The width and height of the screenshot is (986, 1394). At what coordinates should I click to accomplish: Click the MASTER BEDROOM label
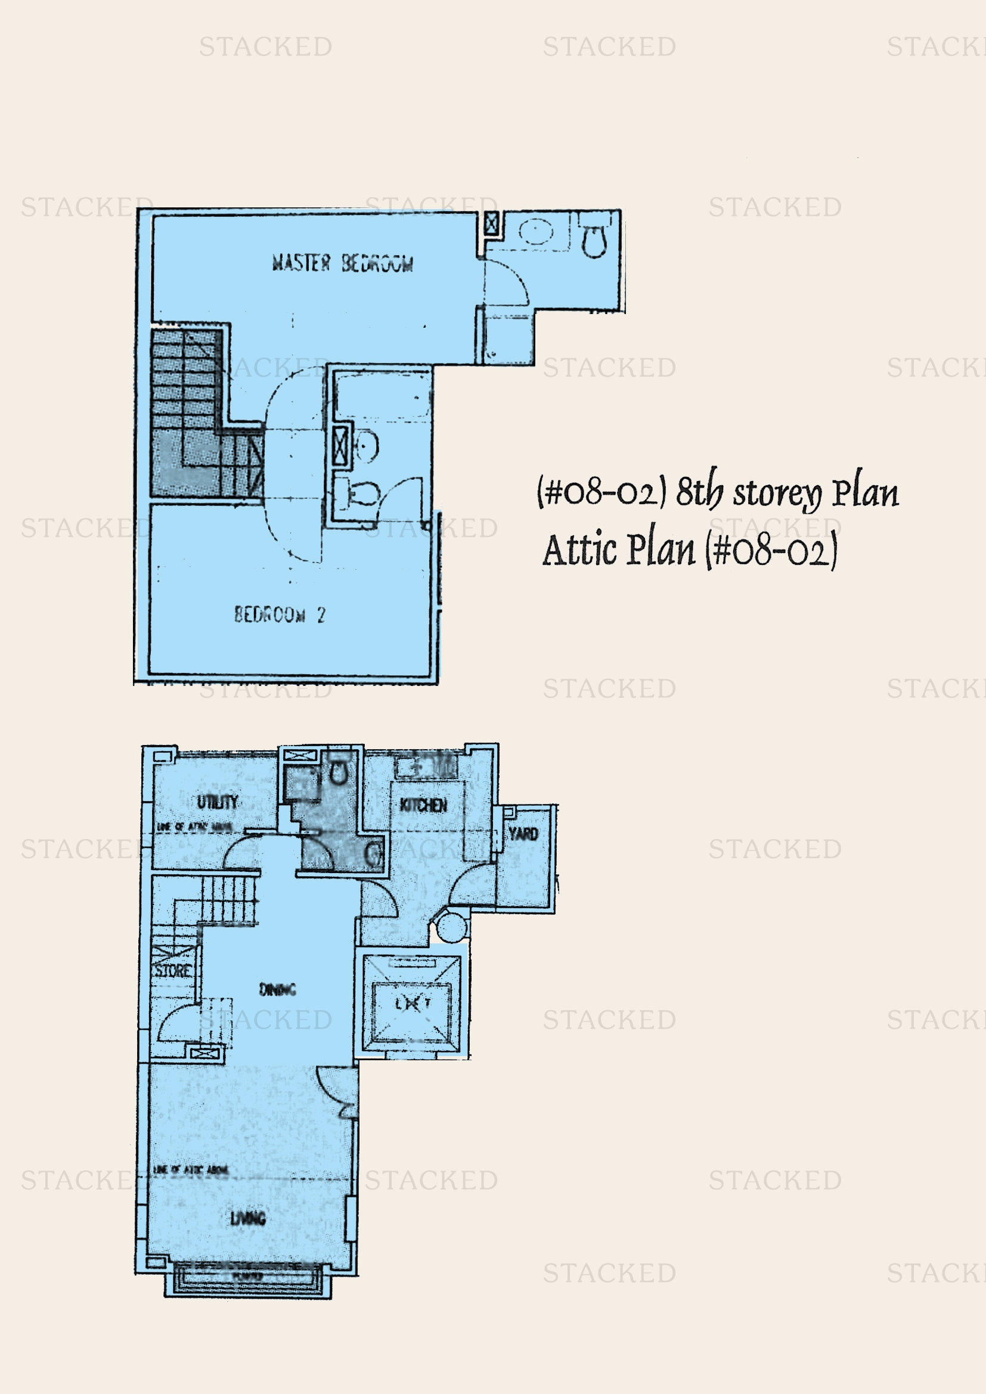[342, 263]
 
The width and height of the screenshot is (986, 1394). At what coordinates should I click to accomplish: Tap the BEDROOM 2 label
[280, 614]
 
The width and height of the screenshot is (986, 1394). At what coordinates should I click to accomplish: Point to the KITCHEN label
[423, 805]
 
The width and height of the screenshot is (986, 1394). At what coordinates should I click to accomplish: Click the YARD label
[523, 834]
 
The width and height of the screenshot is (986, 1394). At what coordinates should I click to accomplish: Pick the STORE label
[173, 970]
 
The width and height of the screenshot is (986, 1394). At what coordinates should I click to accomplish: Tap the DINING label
[277, 990]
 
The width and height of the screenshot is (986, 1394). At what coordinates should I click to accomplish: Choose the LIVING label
[248, 1218]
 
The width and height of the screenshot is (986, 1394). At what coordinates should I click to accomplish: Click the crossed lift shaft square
[413, 1004]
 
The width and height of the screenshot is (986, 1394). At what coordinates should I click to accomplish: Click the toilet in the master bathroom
[593, 241]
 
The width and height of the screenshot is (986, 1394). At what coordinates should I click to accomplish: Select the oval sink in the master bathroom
[536, 232]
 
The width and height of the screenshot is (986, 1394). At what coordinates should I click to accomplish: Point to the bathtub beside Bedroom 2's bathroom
[383, 396]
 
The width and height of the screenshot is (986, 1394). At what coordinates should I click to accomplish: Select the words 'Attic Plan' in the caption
[618, 549]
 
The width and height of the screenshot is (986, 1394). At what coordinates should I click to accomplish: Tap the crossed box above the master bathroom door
[491, 223]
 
